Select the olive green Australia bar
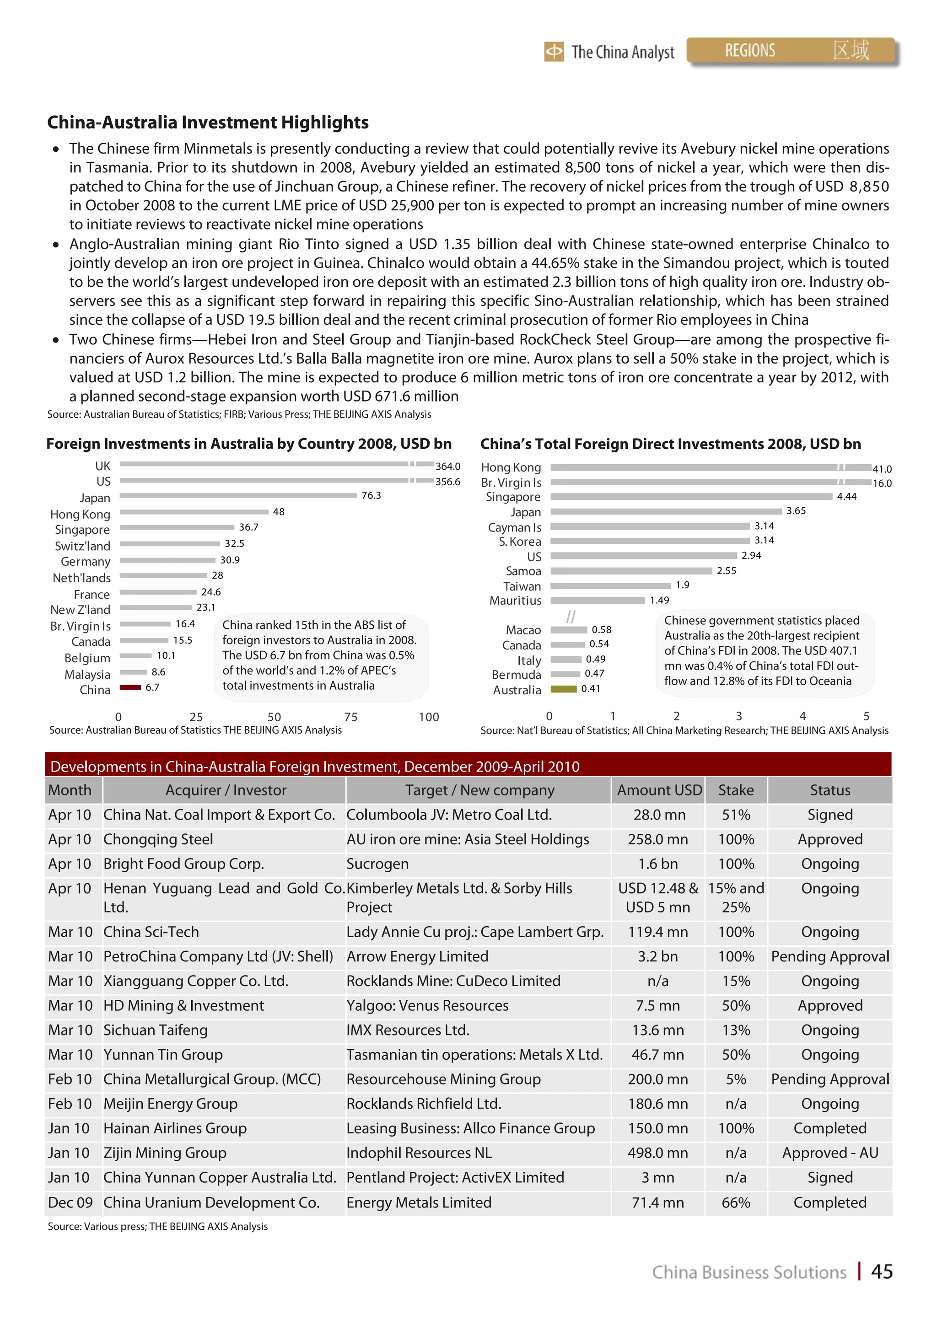(564, 688)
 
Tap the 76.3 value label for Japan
(371, 495)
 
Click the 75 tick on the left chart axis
(350, 717)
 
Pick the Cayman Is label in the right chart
(514, 527)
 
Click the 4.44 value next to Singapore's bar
(846, 496)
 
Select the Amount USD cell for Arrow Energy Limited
(657, 956)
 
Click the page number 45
(882, 1271)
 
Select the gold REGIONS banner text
(749, 51)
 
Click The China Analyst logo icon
(554, 52)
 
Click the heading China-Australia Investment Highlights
(208, 122)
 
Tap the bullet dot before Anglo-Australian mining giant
(56, 245)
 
